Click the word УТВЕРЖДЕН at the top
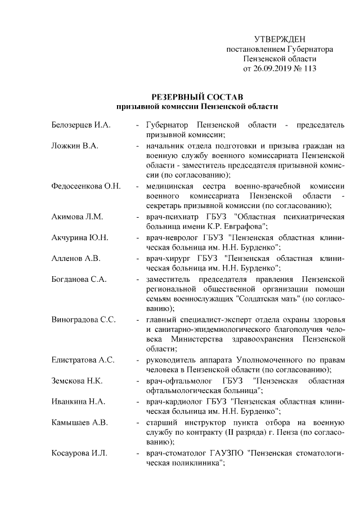[280, 39]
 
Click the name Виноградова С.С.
[83, 319]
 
